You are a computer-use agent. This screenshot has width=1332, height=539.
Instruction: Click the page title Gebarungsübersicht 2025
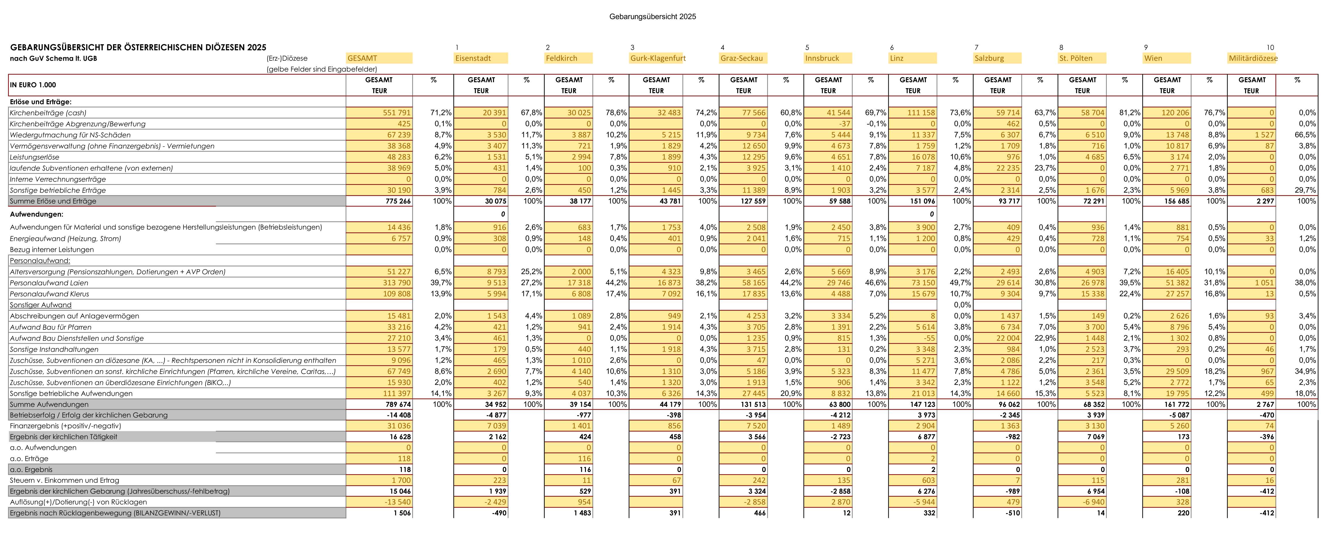[x=653, y=17]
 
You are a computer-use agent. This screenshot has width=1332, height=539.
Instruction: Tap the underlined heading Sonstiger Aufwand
[x=40, y=305]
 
